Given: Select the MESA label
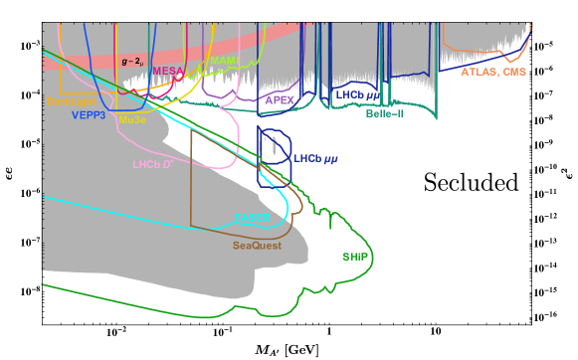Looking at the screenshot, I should tap(167, 71).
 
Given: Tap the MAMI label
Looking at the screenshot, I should tap(224, 61).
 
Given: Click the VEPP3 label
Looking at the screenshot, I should tap(90, 115).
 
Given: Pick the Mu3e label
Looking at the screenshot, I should tap(132, 120).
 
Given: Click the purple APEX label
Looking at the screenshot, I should tap(281, 100).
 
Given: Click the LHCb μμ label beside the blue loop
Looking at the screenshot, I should tap(315, 158).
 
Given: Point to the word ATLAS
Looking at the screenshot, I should tap(480, 73).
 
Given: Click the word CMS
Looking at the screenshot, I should tap(514, 73).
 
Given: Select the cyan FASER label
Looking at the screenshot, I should tap(252, 217).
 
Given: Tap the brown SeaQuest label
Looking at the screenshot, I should tap(257, 246).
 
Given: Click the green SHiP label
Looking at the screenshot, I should tap(355, 257).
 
